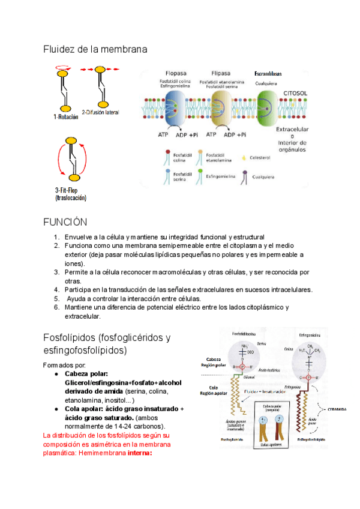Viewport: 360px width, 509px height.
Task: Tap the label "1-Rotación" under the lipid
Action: coord(65,118)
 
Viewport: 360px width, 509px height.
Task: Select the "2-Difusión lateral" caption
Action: coord(101,112)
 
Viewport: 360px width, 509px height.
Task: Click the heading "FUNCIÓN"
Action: coord(65,222)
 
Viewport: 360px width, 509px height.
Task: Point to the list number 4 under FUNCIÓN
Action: coord(56,289)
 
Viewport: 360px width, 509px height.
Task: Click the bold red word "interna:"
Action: coord(140,453)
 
